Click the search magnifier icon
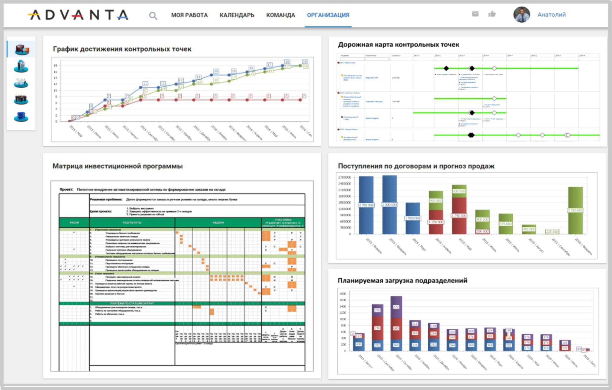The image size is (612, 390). click(x=153, y=15)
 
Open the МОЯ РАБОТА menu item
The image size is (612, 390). click(x=189, y=15)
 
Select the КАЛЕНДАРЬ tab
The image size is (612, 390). click(x=237, y=15)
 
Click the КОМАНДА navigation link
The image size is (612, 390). click(x=280, y=15)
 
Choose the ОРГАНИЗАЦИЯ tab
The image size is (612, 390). click(x=328, y=15)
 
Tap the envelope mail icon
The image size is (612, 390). click(x=475, y=14)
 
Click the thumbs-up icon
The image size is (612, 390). click(x=492, y=14)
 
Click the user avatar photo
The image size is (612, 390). click(x=522, y=15)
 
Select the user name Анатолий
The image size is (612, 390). click(x=551, y=15)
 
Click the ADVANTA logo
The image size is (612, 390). click(x=78, y=15)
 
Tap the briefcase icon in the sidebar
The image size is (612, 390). click(x=21, y=49)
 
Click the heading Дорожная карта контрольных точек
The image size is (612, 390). click(x=398, y=44)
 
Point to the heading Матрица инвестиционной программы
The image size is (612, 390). click(x=117, y=166)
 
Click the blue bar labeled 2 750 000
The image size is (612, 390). click(x=366, y=205)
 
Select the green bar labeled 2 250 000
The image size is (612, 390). click(x=575, y=210)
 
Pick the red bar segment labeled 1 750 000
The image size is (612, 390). click(x=459, y=215)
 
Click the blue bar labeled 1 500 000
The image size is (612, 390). click(x=412, y=218)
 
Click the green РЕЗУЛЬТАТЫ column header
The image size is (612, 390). click(x=132, y=223)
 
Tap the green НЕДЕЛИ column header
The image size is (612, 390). click(x=218, y=223)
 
